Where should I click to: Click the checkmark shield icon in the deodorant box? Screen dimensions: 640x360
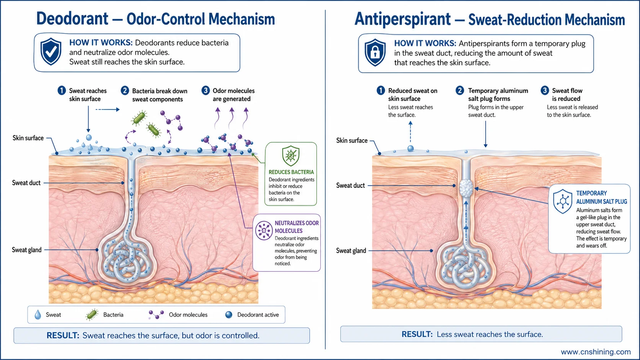pyautogui.click(x=51, y=52)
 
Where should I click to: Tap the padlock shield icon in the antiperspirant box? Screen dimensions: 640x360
pyautogui.click(x=375, y=52)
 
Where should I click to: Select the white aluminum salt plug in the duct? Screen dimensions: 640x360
pyautogui.click(x=466, y=188)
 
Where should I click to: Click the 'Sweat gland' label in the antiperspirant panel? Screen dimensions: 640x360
pyautogui.click(x=351, y=251)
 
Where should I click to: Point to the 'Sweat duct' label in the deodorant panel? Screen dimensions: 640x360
pyautogui.click(x=26, y=183)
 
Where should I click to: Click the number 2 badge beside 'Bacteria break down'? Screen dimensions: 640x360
pyautogui.click(x=124, y=91)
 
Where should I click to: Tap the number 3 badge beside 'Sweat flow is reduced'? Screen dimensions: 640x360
pyautogui.click(x=545, y=91)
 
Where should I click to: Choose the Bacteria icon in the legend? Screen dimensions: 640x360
pyautogui.click(x=92, y=314)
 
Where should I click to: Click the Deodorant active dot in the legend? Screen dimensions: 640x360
pyautogui.click(x=229, y=314)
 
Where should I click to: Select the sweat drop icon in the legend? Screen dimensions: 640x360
pyautogui.click(x=38, y=314)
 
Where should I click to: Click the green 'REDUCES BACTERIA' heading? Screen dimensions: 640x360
pyautogui.click(x=291, y=172)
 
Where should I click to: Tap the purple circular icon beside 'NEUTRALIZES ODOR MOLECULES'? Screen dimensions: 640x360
pyautogui.click(x=264, y=230)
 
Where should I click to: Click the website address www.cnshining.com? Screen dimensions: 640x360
pyautogui.click(x=596, y=352)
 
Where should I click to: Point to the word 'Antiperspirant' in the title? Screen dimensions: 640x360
pyautogui.click(x=403, y=19)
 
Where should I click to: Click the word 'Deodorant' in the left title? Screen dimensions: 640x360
pyautogui.click(x=72, y=19)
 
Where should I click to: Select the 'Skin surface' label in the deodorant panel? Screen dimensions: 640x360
pyautogui.click(x=28, y=138)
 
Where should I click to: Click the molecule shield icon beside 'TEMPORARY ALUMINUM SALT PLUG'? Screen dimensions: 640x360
pyautogui.click(x=563, y=201)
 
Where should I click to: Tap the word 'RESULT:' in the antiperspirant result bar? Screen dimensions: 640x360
pyautogui.click(x=417, y=334)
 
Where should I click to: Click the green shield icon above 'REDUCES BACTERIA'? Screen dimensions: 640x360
pyautogui.click(x=291, y=156)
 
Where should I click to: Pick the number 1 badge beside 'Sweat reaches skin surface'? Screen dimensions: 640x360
pyautogui.click(x=61, y=91)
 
